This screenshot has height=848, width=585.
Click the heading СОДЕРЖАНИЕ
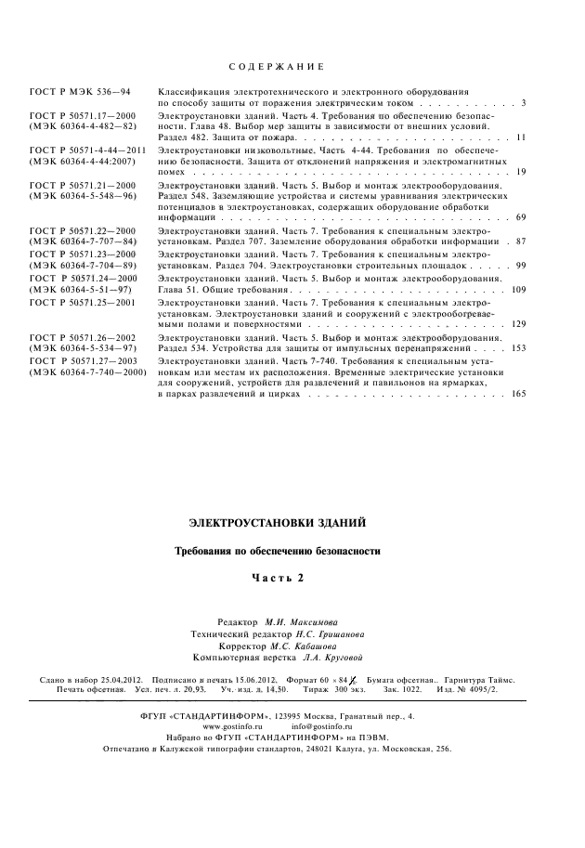click(276, 68)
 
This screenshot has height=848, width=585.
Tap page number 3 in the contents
click(525, 101)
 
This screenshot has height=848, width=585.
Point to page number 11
click(522, 137)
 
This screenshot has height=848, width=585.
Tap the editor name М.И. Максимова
click(302, 620)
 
